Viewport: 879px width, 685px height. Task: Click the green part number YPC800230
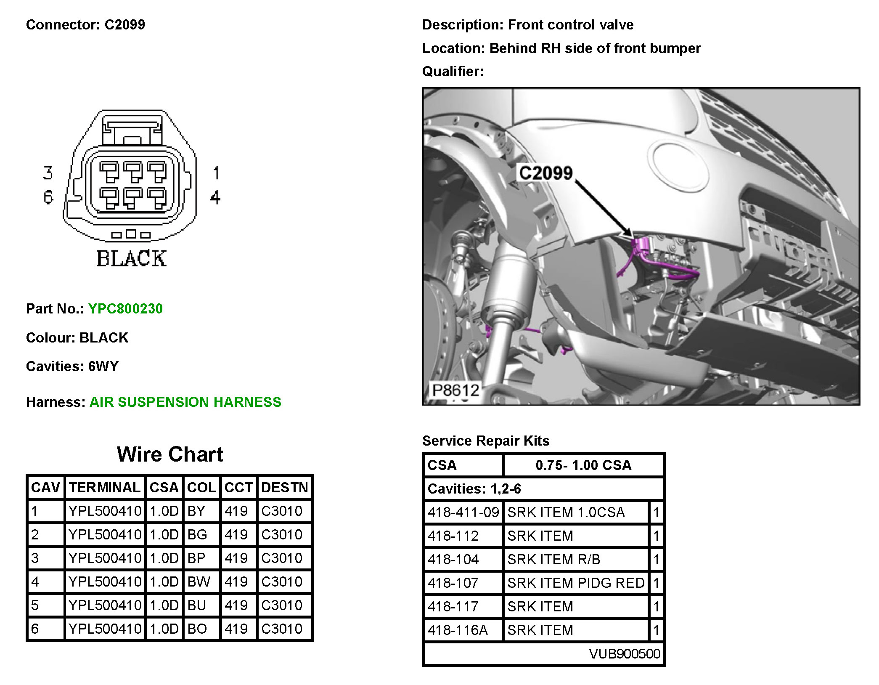[125, 309]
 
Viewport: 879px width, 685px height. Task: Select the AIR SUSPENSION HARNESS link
[185, 402]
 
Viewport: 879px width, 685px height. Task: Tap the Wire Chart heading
[170, 454]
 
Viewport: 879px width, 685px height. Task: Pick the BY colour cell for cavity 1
[196, 511]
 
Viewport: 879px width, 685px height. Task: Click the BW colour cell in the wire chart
[199, 582]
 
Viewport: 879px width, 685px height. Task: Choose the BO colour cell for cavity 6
[197, 629]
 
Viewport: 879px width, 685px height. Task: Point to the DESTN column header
[285, 488]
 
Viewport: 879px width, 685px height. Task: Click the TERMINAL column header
[105, 488]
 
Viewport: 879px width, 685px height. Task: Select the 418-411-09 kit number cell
[463, 512]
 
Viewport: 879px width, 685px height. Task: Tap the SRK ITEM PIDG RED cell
[576, 583]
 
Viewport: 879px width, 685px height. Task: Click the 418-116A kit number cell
[458, 630]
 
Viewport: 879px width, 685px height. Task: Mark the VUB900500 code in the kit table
[625, 654]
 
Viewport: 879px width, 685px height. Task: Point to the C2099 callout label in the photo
[545, 173]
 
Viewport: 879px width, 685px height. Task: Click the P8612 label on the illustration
[455, 390]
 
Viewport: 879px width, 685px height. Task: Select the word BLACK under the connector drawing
[131, 259]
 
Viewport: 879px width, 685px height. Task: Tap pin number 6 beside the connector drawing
[48, 197]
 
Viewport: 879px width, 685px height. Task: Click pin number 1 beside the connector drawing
[216, 173]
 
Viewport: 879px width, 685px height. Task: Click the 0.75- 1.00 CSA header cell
[583, 465]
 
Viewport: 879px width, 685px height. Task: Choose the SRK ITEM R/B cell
[553, 560]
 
